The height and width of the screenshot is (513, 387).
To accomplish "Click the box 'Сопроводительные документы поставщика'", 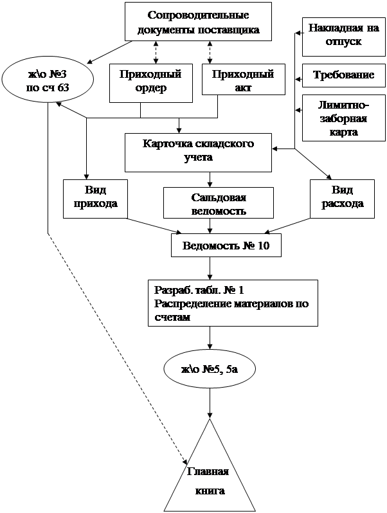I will pyautogui.click(x=199, y=23).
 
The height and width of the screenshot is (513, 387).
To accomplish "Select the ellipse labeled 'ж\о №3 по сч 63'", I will pyautogui.click(x=48, y=82).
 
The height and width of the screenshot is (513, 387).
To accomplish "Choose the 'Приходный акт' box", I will pyautogui.click(x=239, y=82).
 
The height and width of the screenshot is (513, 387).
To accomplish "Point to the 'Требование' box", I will pyautogui.click(x=344, y=75).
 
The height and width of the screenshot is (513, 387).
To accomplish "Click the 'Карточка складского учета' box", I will pyautogui.click(x=198, y=150).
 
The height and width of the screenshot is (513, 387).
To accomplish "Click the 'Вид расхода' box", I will pyautogui.click(x=343, y=197).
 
